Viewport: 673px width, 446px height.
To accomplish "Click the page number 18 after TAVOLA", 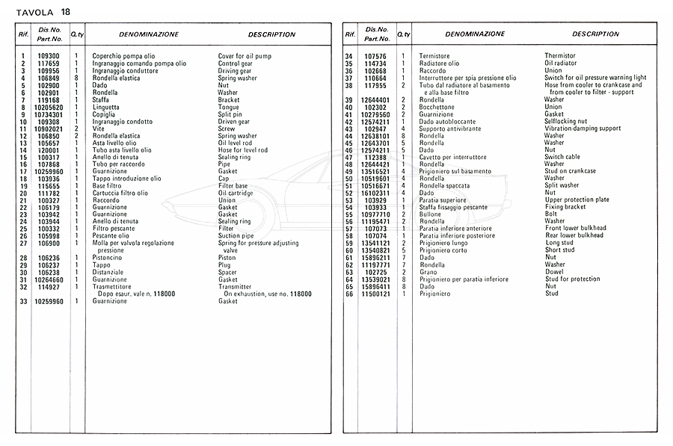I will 67,11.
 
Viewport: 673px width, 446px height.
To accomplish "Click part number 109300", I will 49,57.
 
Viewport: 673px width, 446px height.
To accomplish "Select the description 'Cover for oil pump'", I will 245,57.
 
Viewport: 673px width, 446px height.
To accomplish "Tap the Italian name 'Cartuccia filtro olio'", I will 120,193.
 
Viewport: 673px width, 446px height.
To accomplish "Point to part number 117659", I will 49,64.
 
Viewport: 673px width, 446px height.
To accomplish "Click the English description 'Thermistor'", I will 560,56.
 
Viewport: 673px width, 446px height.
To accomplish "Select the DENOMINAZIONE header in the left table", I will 148,34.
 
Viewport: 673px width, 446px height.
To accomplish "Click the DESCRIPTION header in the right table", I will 595,34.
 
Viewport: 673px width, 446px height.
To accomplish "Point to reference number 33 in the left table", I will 23,301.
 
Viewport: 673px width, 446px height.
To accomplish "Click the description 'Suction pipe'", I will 236,236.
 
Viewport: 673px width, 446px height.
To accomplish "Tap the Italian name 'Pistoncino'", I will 110,258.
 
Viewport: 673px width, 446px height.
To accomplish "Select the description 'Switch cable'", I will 563,157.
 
